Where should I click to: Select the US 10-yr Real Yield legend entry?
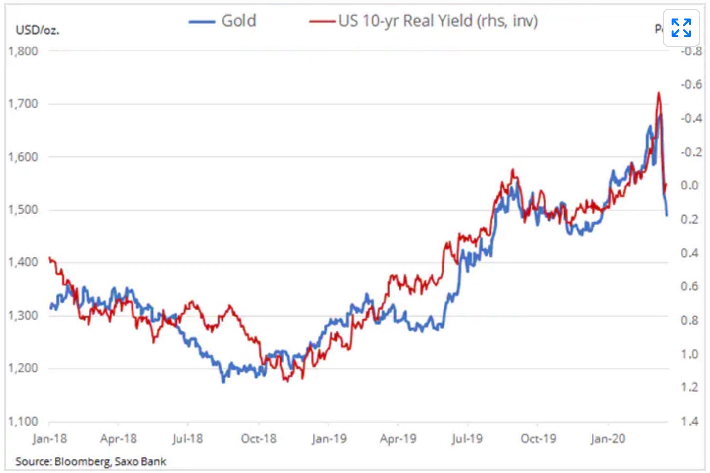point(438,21)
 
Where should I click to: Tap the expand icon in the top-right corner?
point(681,28)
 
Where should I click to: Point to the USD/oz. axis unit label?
point(37,30)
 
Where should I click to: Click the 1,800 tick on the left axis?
point(23,51)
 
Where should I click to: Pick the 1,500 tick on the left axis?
point(23,210)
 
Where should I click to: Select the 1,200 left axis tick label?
point(23,368)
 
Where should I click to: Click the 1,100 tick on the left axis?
point(23,421)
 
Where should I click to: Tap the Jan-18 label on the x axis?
point(49,439)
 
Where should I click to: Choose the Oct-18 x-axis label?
point(259,439)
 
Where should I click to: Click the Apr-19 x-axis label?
point(398,439)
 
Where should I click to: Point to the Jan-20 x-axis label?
point(608,439)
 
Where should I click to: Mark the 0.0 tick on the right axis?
point(690,186)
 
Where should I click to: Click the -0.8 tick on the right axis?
point(691,51)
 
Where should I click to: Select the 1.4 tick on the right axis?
point(690,421)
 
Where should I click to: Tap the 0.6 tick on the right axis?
point(690,286)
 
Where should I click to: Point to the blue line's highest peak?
point(660,116)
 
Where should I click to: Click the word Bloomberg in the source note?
point(82,462)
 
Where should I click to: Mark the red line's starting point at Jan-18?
point(49,258)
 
